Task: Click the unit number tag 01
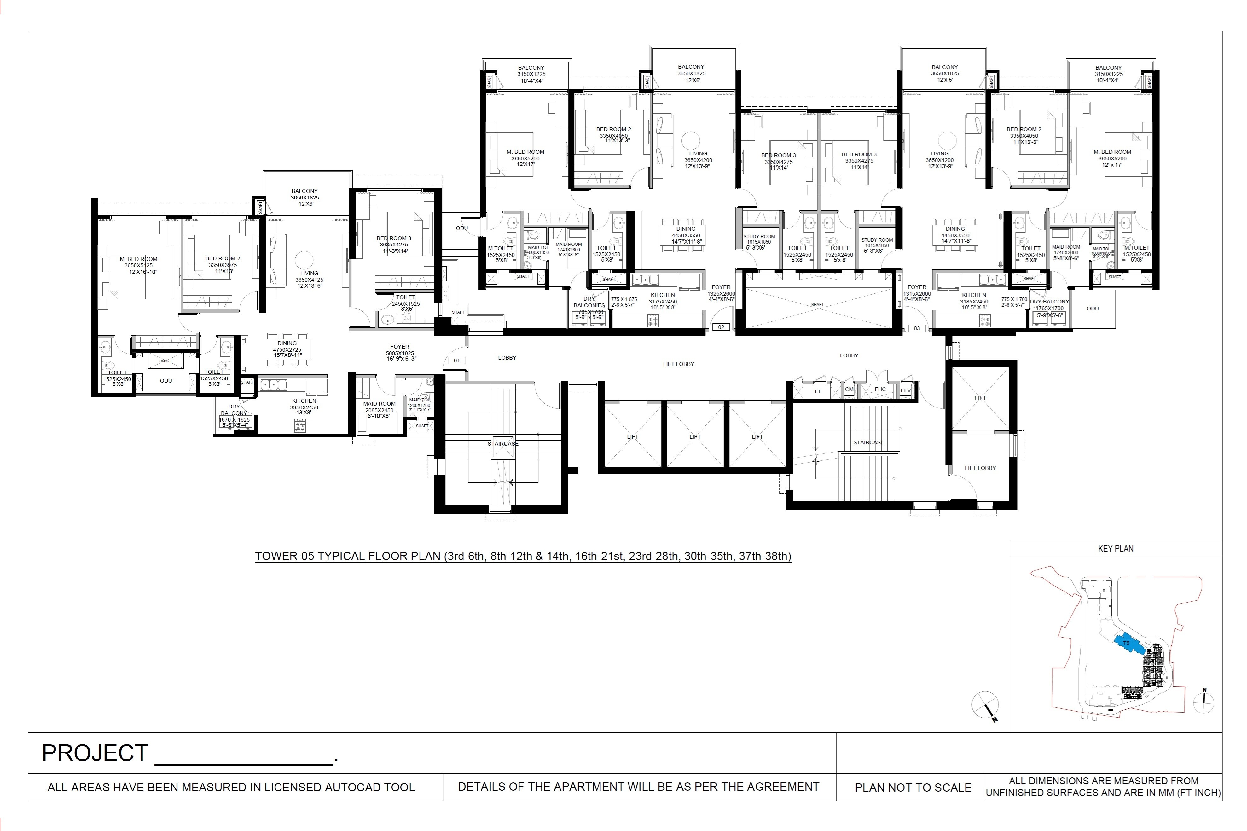(456, 361)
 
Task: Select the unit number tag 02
(721, 327)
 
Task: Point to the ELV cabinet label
(905, 390)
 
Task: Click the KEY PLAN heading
(1116, 549)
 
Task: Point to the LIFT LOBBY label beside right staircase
(980, 468)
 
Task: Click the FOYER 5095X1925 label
(400, 352)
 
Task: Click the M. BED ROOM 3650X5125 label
(138, 265)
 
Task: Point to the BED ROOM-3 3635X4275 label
(394, 244)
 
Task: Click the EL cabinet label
(818, 391)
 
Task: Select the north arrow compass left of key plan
(985, 705)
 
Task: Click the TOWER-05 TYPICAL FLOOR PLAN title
(523, 556)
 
